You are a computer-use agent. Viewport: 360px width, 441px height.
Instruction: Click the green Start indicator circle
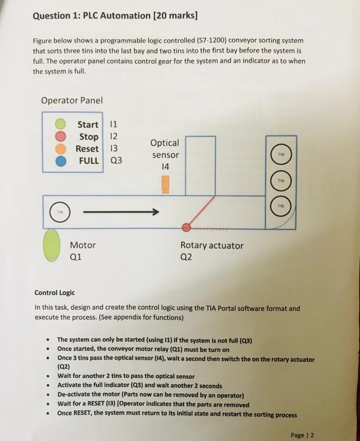(x=60, y=124)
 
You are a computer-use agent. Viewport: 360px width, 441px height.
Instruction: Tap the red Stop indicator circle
(x=60, y=136)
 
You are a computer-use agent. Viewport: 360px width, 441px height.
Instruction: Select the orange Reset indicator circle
(x=60, y=148)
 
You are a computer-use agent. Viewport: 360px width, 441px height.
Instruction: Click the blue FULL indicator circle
(x=60, y=161)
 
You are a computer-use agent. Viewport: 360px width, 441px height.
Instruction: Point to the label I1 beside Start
(x=113, y=125)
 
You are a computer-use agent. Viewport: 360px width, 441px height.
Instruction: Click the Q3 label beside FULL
(x=116, y=161)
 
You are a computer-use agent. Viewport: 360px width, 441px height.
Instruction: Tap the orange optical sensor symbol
(x=165, y=184)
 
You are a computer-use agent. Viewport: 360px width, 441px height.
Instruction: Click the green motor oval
(x=51, y=245)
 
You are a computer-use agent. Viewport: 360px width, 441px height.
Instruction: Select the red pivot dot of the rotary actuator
(x=187, y=228)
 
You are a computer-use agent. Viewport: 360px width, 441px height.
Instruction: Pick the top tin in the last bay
(x=281, y=155)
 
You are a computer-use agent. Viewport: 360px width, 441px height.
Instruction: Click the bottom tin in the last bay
(x=281, y=206)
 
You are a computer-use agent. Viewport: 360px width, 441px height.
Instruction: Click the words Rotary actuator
(x=212, y=246)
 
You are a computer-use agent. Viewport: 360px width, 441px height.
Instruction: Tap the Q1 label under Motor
(x=76, y=257)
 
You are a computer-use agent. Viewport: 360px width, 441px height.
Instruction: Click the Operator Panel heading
(x=72, y=101)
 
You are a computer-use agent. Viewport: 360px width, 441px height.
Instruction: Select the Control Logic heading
(x=54, y=293)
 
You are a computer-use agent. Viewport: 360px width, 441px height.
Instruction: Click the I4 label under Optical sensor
(x=165, y=167)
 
